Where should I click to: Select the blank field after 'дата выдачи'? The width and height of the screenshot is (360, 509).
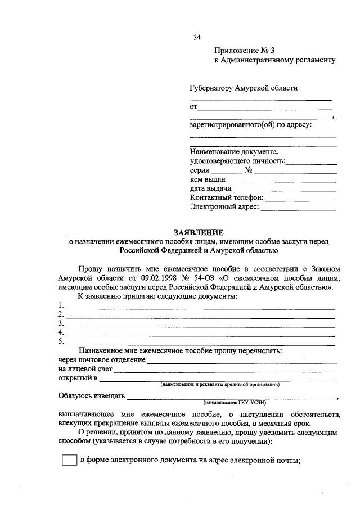(285, 190)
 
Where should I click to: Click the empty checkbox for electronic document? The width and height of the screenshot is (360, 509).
(69, 460)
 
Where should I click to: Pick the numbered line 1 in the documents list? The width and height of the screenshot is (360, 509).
(200, 307)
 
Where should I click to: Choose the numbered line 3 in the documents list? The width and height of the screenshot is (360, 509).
(200, 325)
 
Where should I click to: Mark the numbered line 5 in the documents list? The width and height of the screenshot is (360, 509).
(200, 343)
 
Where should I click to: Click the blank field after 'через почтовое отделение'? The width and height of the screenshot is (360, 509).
(242, 361)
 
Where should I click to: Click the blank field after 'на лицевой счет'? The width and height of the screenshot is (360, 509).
(225, 370)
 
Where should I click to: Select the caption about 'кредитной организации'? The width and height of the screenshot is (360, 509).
(220, 385)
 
